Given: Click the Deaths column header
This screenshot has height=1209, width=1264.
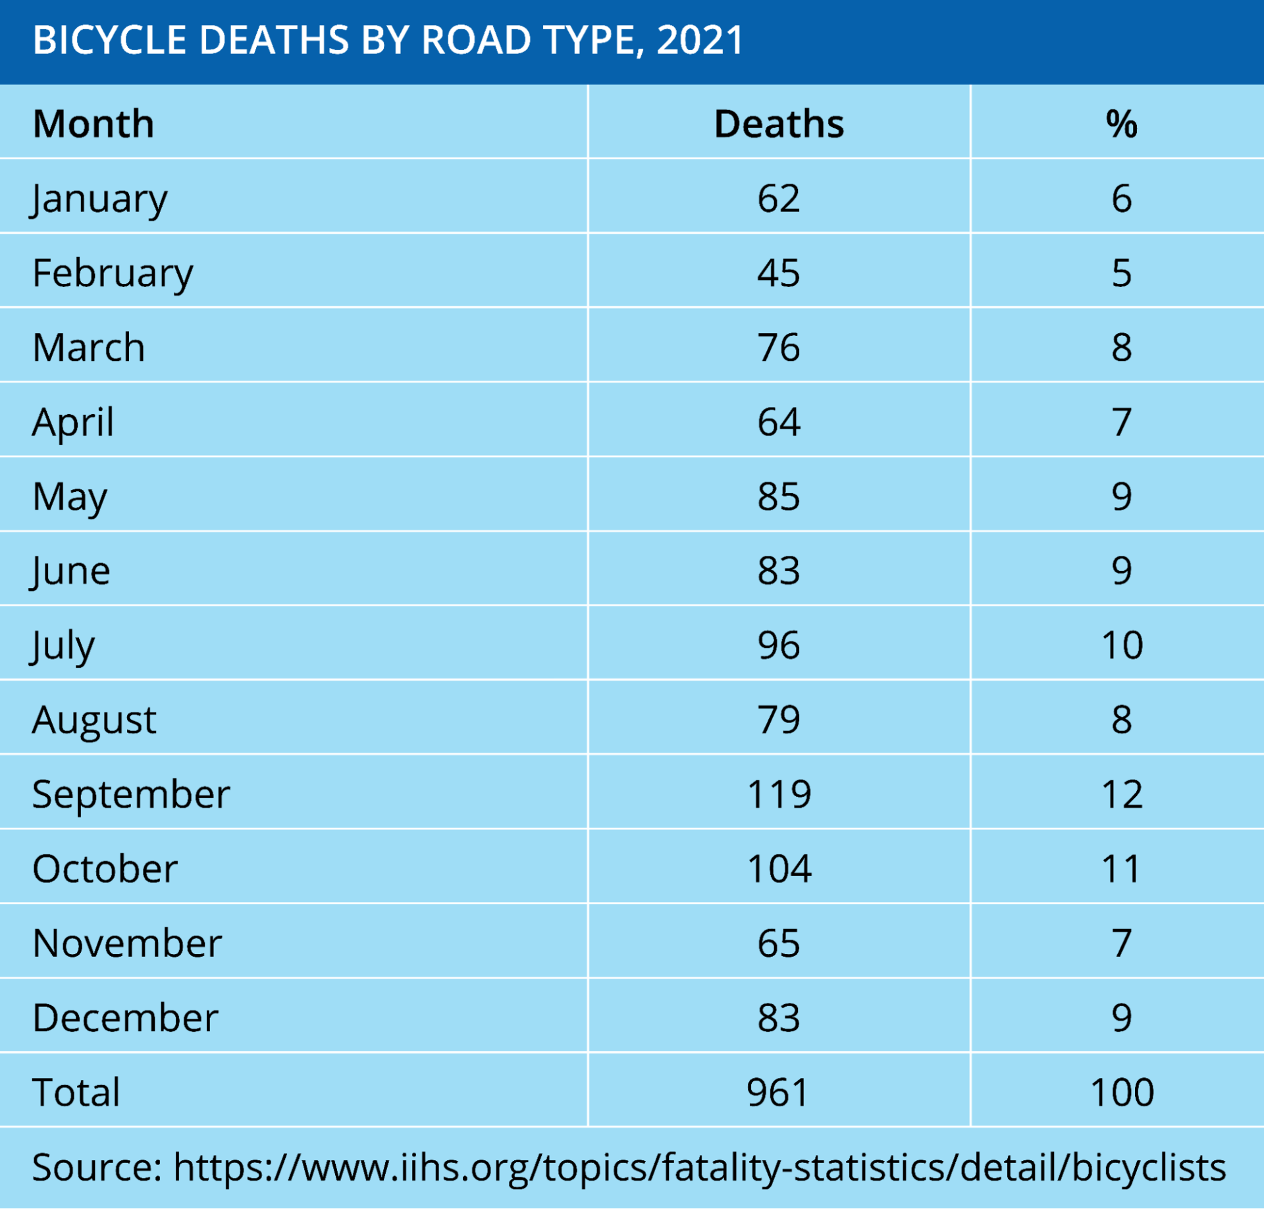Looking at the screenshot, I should [x=779, y=124].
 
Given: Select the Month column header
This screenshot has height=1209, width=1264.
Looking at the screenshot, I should [x=93, y=124].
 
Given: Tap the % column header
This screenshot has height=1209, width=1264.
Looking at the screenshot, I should [x=1121, y=124].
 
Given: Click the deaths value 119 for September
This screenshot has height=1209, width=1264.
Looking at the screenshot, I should [x=779, y=793].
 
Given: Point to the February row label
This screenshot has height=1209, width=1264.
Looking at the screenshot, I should [x=113, y=273].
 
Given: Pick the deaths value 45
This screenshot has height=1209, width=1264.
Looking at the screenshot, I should [x=779, y=273].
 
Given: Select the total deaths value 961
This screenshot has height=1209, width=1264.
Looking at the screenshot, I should [x=777, y=1092].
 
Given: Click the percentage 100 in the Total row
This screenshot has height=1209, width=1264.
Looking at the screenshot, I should [x=1122, y=1092].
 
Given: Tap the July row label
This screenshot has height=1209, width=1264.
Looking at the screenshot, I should [x=63, y=645].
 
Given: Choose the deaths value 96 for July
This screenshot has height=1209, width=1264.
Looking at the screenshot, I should [x=779, y=645].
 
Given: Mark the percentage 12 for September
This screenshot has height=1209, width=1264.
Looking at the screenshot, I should [x=1122, y=793].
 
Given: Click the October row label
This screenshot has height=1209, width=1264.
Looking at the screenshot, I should [x=105, y=869].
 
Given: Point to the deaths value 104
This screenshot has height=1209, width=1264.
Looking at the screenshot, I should [x=779, y=869].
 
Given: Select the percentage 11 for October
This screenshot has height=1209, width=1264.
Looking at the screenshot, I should [x=1121, y=869].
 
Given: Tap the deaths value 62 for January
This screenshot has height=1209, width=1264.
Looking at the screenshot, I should [x=779, y=198].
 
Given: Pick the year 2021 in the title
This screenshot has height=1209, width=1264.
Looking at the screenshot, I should [x=700, y=40].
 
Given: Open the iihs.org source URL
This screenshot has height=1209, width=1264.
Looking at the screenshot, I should [x=699, y=1168].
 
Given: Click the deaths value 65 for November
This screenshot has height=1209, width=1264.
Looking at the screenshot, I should [x=779, y=943].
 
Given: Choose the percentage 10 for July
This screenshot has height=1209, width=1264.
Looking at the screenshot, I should [x=1122, y=645].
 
